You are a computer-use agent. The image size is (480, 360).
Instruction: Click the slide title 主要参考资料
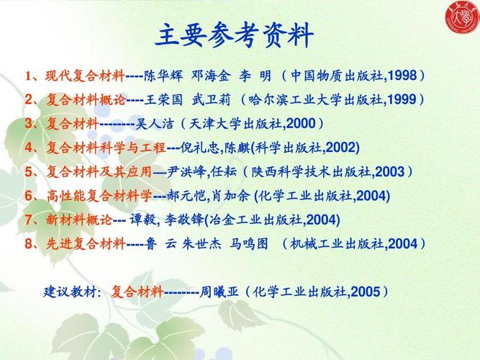tap(235, 34)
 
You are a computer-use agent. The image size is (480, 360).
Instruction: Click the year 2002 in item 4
tap(341, 148)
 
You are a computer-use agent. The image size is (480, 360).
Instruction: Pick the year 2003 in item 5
tap(389, 172)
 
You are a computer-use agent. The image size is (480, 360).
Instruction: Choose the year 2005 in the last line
tap(366, 292)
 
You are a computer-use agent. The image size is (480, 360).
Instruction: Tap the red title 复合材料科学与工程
tap(106, 148)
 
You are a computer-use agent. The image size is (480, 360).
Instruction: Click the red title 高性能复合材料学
tap(99, 196)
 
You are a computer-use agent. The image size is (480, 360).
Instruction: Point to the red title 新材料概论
tap(78, 220)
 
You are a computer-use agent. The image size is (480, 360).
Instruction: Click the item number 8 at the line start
tap(30, 243)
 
